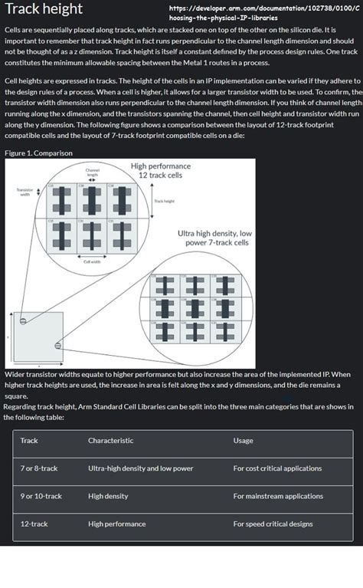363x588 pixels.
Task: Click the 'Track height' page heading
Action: click(44, 10)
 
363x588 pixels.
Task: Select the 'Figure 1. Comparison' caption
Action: click(38, 153)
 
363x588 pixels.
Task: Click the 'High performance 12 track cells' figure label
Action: click(160, 170)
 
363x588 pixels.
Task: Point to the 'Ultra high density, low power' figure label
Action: click(214, 238)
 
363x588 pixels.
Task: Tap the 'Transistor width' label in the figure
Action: click(25, 191)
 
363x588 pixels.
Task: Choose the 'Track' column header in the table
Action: click(29, 441)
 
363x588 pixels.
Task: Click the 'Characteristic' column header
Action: click(110, 441)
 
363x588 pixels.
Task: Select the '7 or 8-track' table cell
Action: click(39, 468)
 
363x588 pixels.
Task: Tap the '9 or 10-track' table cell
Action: click(41, 496)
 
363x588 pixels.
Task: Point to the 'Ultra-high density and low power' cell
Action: click(140, 468)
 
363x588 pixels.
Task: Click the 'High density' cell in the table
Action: click(108, 496)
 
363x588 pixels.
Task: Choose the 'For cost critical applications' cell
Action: click(277, 468)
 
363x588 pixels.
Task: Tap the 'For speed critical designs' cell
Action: click(273, 524)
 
